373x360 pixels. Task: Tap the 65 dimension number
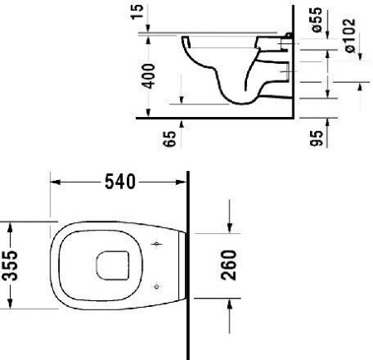pos(172,137)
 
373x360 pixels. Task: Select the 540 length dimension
pos(118,180)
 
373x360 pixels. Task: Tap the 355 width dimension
pos(10,265)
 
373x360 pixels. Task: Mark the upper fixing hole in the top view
pos(158,245)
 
